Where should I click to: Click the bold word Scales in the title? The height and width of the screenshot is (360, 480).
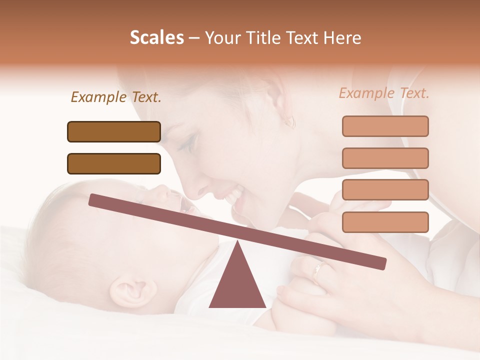(x=156, y=38)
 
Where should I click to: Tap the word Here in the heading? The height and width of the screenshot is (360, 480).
(x=342, y=38)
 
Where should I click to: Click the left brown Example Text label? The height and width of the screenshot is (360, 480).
(x=116, y=97)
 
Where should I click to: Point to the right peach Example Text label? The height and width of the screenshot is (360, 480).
(x=384, y=93)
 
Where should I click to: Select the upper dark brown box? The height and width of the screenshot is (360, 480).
(x=114, y=131)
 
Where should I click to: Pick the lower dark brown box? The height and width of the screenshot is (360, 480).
(x=114, y=163)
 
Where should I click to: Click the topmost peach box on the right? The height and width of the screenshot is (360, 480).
(x=385, y=126)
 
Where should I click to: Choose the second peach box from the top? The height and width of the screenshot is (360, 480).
(x=385, y=158)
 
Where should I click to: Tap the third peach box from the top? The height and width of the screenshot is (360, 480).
(x=385, y=189)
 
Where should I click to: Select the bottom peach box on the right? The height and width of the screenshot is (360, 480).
(x=385, y=222)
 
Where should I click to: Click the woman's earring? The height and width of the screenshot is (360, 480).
(x=289, y=121)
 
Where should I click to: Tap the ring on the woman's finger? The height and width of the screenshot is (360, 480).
(x=316, y=271)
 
